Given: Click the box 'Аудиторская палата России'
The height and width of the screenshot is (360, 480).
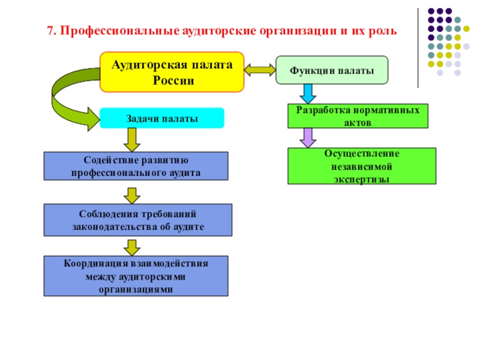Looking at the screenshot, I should coord(172,71).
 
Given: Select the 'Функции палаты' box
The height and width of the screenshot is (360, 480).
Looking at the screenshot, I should coord(332,70).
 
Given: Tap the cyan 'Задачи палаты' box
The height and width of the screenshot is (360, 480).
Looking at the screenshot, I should coord(161,118).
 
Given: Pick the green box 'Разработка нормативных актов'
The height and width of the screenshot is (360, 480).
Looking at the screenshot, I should coord(358,115).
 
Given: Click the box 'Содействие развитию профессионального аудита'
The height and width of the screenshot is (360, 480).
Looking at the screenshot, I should coord(136,166).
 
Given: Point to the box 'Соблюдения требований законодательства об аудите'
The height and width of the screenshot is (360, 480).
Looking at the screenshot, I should coord(136,220).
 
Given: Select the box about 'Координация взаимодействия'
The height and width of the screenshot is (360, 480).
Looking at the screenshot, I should coord(136,275).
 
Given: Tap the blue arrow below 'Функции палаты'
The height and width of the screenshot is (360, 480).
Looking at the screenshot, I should coord(308,93).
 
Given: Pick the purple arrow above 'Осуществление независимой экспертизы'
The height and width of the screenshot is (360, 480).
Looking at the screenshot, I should coord(308,138).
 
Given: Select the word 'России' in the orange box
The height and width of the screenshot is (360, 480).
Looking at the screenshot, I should coord(172,80).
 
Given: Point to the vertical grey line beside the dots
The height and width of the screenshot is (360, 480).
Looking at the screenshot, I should coord(418,48).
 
